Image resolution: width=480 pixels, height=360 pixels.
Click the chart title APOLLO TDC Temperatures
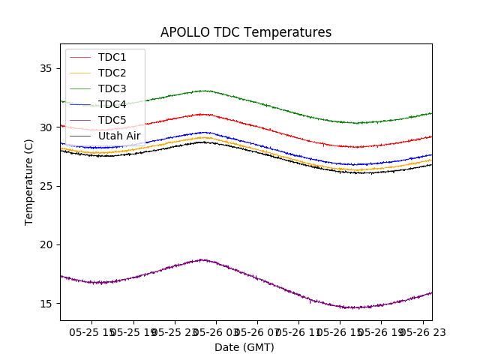coord(245,32)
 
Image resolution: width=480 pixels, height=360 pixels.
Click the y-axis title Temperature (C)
coord(29,182)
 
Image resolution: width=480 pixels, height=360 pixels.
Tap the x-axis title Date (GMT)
coord(244,347)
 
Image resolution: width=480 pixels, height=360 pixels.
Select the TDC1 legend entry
coord(112,57)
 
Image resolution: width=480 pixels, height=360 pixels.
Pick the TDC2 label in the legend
coord(112,73)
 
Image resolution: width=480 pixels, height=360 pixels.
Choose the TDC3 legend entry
coord(112,88)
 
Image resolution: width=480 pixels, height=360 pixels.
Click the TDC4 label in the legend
coord(112,104)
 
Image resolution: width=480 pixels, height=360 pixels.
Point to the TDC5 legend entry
coord(112,120)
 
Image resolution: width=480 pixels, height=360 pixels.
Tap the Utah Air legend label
coord(119,136)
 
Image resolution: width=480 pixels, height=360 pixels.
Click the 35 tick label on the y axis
coord(47,68)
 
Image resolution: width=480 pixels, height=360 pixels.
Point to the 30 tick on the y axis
coord(47,127)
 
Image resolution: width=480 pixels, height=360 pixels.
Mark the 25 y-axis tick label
coord(47,186)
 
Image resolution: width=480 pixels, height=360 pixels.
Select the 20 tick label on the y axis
coord(47,244)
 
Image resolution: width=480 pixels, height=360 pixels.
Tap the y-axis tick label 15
coord(47,304)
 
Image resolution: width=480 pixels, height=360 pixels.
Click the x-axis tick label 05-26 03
coord(214,331)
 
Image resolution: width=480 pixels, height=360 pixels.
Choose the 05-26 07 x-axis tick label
coord(256,331)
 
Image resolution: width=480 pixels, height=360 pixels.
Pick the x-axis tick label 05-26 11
coord(298,331)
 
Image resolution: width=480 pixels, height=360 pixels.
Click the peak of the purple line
coord(202,259)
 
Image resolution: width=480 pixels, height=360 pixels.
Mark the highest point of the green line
coord(204,91)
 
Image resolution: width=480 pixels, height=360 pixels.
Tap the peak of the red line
coord(202,114)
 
